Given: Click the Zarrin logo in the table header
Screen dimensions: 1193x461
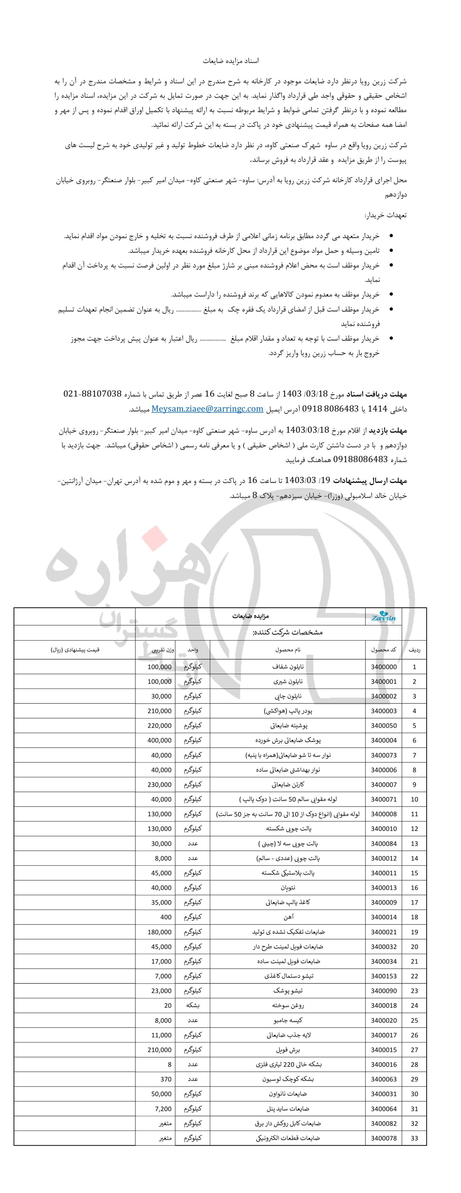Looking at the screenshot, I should tap(384, 617).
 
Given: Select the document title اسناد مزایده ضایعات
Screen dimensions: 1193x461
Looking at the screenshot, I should tap(231, 61).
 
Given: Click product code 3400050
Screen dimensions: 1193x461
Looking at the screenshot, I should tap(384, 726).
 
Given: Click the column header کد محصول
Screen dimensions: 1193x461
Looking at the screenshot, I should tap(384, 650).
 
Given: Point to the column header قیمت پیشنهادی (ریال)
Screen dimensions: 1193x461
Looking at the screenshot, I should tap(75, 650).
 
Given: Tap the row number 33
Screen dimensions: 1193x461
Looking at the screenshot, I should tap(414, 1138).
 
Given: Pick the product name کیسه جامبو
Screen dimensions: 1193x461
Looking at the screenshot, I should tap(288, 1020).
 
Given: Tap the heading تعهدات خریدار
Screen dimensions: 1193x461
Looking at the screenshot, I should tap(386, 215).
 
